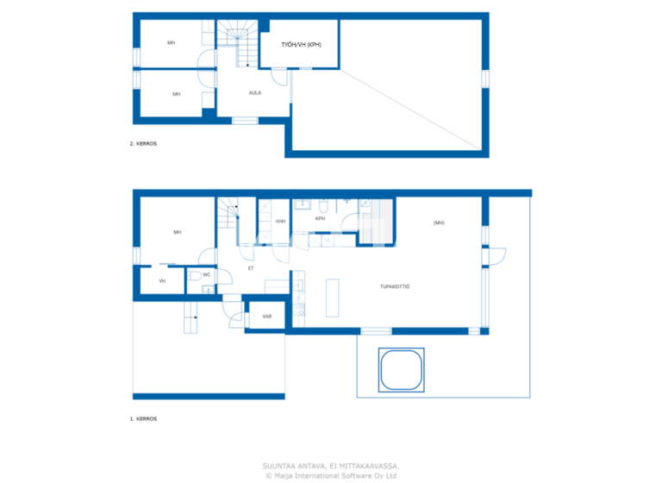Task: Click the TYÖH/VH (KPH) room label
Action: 301,45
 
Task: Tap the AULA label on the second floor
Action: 255,93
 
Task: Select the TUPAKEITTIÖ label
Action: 395,286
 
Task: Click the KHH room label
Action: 280,222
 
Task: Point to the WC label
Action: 207,275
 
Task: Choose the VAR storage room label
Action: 267,317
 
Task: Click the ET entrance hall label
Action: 251,268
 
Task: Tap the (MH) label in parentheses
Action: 439,223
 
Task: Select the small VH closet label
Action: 162,281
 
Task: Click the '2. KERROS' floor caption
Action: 143,143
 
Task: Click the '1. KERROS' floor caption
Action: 143,418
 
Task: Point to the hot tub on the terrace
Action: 401,369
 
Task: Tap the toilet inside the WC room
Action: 197,275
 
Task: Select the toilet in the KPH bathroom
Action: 322,207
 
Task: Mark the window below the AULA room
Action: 245,121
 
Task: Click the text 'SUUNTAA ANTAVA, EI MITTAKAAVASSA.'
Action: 331,466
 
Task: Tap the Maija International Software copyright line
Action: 331,474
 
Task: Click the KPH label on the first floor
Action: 320,219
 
